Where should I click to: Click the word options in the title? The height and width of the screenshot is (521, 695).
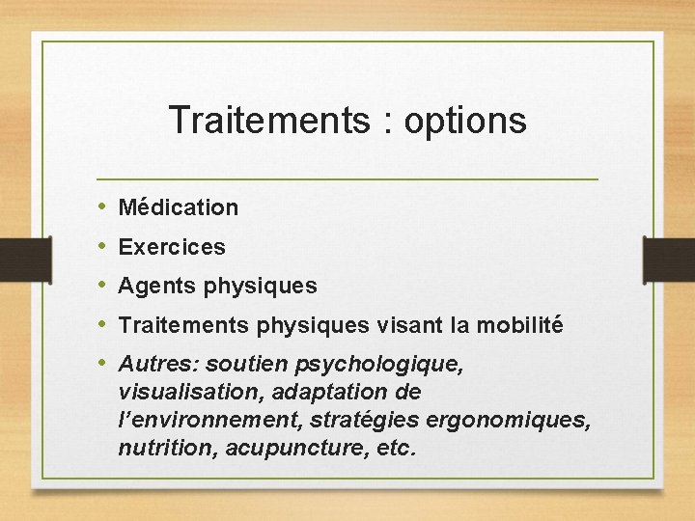point(465,122)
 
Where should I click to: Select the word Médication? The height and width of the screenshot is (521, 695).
point(178,207)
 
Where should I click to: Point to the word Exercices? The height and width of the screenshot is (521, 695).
point(172,247)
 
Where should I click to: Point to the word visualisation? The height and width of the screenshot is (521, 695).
point(191,394)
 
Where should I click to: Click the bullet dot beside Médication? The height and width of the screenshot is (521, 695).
point(102,207)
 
